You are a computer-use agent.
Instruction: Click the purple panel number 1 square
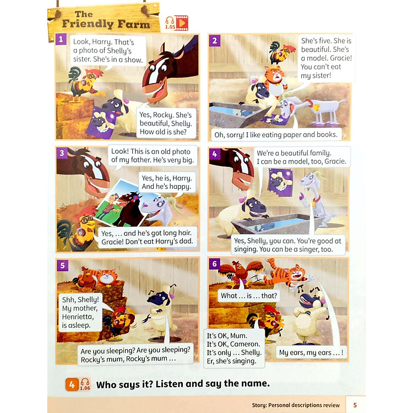(x=61, y=39)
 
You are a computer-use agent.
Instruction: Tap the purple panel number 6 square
(x=214, y=264)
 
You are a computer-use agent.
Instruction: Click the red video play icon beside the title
(x=182, y=23)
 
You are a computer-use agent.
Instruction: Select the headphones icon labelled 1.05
(x=170, y=23)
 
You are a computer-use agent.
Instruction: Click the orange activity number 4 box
(x=72, y=384)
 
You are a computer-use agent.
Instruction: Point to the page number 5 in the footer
(x=355, y=405)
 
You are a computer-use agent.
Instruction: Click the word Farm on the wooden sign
(x=134, y=24)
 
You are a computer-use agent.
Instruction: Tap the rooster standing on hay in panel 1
(x=84, y=84)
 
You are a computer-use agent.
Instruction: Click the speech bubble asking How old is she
(x=166, y=123)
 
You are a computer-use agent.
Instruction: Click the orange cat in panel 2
(x=275, y=81)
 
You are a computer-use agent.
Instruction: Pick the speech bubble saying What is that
(x=249, y=296)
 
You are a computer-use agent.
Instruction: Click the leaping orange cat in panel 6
(x=287, y=274)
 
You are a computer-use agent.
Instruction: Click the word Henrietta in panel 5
(x=78, y=316)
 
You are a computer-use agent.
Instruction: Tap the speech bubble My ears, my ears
(x=311, y=352)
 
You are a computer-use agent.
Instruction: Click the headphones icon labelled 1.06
(x=85, y=384)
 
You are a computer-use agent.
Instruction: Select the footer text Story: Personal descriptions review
(x=296, y=405)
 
